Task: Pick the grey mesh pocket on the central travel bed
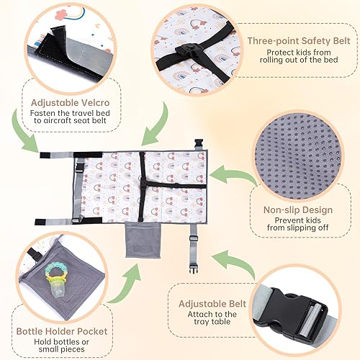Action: tap(143, 239)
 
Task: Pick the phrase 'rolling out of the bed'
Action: tap(297, 63)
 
